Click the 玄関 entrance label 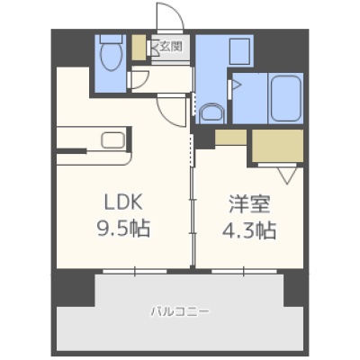[171, 47]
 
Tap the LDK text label [123, 202]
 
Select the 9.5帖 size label [123, 229]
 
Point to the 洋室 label [249, 204]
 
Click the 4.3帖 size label [249, 230]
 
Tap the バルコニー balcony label [180, 311]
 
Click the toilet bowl [112, 56]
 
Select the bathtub [285, 98]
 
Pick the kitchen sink [112, 140]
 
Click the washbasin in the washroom [212, 113]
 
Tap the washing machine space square [239, 51]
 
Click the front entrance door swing [170, 15]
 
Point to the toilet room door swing [139, 80]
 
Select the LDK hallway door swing [171, 111]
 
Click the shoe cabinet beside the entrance [139, 48]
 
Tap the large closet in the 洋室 [277, 146]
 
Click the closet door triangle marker [287, 175]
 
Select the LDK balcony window [135, 271]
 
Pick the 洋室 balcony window [244, 271]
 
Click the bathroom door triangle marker [237, 85]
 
